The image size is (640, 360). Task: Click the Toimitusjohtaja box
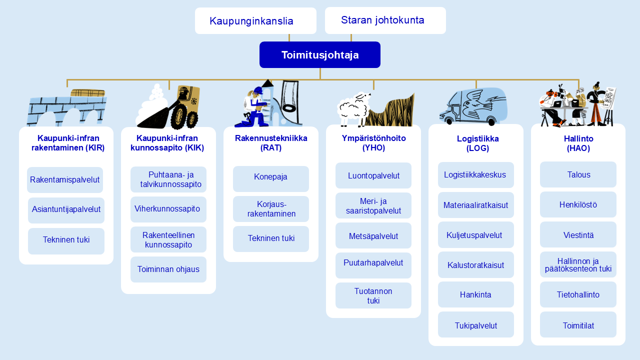(319, 54)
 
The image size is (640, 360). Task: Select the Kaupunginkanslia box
(255, 20)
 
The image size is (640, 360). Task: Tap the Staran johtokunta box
(385, 20)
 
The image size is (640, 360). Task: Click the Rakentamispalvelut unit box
(65, 179)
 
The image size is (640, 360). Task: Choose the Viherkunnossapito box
(168, 209)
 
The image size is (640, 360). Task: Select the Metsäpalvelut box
(373, 235)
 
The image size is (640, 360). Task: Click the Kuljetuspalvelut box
(475, 234)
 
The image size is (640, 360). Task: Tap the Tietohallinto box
(578, 294)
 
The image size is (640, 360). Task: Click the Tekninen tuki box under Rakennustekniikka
(271, 239)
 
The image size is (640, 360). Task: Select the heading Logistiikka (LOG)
(477, 143)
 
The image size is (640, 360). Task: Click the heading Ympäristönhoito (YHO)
(373, 143)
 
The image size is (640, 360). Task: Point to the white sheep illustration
(353, 109)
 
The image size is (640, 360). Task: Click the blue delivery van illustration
(473, 106)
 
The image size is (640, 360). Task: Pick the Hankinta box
(475, 294)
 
